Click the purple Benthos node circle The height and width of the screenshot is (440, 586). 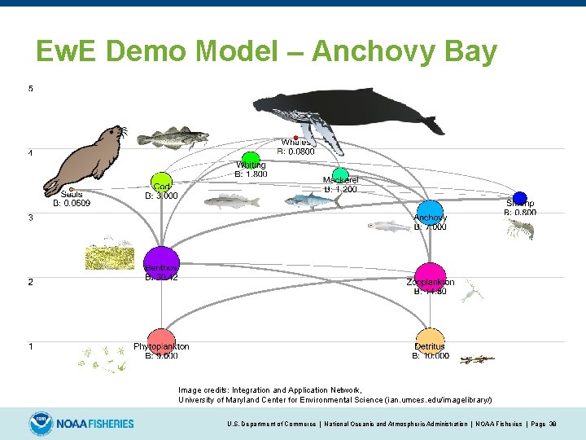(161, 262)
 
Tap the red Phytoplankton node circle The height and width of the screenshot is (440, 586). (161, 340)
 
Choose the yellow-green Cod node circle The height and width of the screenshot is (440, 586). (161, 182)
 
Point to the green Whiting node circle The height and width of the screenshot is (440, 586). (251, 159)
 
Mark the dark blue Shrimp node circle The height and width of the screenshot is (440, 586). (520, 198)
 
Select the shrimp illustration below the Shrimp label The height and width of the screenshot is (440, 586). (519, 229)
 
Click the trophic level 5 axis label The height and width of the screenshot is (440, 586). (31, 88)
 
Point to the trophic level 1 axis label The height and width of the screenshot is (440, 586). (31, 346)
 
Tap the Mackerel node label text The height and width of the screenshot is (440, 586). (340, 180)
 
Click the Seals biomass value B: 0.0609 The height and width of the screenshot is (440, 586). (72, 203)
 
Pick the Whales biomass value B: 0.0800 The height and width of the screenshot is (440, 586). (296, 151)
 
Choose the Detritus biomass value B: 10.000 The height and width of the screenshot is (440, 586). (431, 355)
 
